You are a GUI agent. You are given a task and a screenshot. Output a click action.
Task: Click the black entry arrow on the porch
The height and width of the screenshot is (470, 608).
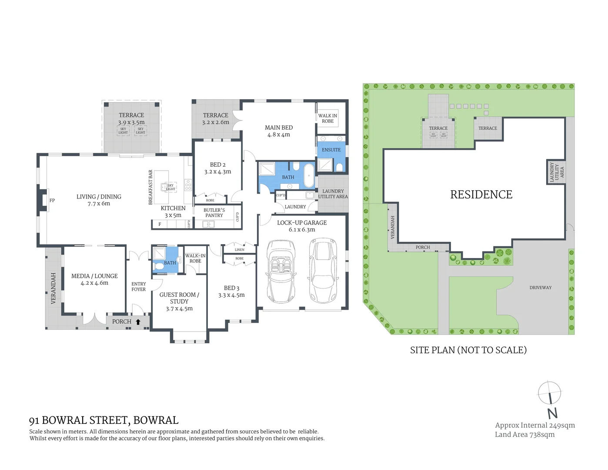point(138,322)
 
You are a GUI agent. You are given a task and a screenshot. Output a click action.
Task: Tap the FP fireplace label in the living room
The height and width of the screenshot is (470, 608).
point(52,201)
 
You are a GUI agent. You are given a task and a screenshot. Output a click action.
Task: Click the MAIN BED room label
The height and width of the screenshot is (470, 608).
point(279,128)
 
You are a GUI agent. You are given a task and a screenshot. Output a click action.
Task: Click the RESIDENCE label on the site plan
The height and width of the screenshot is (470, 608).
point(481,195)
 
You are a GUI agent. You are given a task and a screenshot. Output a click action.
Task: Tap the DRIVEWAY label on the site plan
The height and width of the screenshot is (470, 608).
point(540,288)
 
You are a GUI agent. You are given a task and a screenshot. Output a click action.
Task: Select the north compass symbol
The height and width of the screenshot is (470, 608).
point(550,398)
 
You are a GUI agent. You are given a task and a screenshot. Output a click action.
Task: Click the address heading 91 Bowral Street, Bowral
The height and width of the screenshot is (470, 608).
point(104,420)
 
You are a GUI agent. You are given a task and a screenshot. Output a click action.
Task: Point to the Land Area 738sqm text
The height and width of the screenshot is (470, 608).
point(524,434)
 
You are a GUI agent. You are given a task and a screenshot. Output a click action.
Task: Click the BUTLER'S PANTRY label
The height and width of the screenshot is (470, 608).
point(214,213)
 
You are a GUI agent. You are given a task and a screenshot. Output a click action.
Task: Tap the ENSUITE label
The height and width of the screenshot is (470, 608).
point(331,150)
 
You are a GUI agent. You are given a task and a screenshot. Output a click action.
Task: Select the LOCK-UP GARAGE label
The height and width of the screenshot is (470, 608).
point(302,222)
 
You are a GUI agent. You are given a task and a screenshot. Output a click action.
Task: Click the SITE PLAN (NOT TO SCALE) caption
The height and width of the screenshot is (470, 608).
point(468,350)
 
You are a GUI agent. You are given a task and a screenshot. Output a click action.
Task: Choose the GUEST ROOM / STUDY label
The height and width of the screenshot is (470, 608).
point(179,298)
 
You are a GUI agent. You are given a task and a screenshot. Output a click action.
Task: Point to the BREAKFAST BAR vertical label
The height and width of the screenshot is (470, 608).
point(150,187)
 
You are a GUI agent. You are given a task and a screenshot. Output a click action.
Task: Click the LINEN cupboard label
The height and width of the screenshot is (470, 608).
point(239,250)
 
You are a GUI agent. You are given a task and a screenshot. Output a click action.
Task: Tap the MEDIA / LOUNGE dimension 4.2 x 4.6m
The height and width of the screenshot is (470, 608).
point(94,283)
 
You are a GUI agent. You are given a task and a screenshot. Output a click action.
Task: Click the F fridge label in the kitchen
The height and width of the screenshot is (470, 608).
point(160,224)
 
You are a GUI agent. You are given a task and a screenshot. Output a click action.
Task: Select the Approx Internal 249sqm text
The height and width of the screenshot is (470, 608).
point(535,425)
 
